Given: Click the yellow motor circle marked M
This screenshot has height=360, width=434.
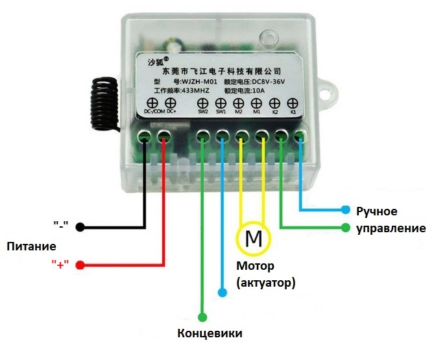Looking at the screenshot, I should click(x=252, y=239).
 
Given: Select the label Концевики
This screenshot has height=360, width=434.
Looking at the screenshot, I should click(x=210, y=333).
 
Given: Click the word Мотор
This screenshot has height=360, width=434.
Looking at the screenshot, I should click(x=255, y=266).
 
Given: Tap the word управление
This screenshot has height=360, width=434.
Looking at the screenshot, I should click(x=391, y=228).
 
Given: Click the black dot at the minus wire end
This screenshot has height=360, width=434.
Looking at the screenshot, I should click(x=80, y=227).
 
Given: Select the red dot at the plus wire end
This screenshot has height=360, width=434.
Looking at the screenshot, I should click(x=80, y=265).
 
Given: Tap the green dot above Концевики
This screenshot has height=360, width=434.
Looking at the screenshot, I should click(x=203, y=317).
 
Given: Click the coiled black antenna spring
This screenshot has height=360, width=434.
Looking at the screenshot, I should click(x=103, y=103).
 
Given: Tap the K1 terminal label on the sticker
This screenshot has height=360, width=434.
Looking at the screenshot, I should click(x=293, y=112).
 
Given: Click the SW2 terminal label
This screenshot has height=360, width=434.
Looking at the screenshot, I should click(x=202, y=112).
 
